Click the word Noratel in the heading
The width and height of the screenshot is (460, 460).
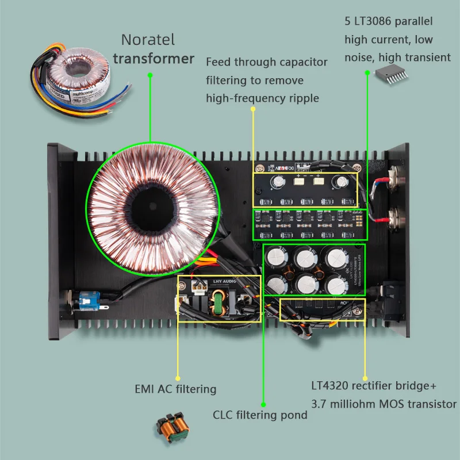pos(148,41)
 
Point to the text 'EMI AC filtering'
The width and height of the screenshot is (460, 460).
pos(175,389)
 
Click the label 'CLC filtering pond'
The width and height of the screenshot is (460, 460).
pos(260,415)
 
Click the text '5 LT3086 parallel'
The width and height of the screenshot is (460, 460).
pos(388,22)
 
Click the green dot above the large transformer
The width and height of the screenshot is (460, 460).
pos(150,75)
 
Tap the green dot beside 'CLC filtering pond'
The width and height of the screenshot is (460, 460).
pos(263,404)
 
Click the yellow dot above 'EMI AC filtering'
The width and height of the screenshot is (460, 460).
pos(177,376)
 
